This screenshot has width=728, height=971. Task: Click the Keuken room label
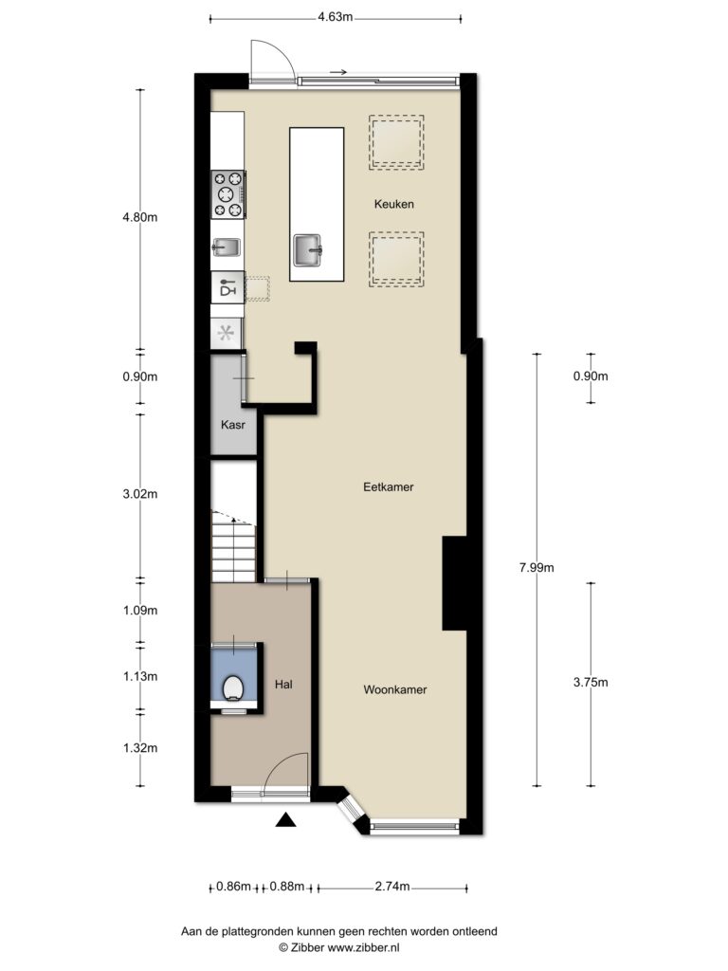pos(393,204)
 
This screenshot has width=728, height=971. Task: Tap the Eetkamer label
pos(388,486)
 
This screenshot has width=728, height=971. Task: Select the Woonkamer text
pos(395,689)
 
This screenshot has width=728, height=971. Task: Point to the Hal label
pos(283,685)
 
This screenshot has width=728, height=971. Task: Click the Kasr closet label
pos(233,425)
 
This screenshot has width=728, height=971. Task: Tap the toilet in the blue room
pos(233,687)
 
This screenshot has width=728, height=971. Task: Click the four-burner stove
pos(227,194)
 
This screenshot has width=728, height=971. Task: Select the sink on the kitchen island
pos(308,250)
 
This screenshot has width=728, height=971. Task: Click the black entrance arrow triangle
pos(285,819)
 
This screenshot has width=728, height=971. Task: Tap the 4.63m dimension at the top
pos(335,17)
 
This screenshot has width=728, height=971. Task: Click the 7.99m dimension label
pos(537,567)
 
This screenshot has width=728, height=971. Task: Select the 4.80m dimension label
pos(140,217)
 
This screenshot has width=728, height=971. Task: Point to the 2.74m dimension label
pos(392,887)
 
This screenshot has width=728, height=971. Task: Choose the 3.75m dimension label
pos(591,683)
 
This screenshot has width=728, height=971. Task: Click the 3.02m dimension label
pos(140,493)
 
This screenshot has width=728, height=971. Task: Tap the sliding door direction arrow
pos(338,72)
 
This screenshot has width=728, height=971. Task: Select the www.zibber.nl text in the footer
pos(363,947)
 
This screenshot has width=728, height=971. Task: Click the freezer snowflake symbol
pos(226,333)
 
